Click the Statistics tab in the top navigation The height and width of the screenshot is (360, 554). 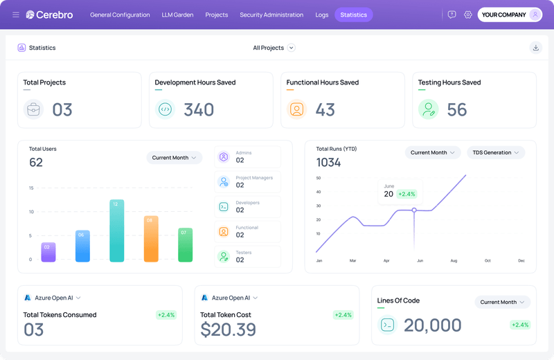[353, 15]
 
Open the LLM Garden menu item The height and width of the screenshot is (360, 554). [177, 15]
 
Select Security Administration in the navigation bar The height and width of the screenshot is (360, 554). [271, 15]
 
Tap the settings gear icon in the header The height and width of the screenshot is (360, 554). [468, 15]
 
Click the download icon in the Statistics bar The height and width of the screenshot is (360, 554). [535, 48]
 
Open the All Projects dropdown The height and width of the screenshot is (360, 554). [274, 48]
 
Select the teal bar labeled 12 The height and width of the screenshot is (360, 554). [116, 232]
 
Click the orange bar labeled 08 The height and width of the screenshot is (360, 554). [150, 240]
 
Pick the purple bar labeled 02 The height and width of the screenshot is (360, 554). [48, 253]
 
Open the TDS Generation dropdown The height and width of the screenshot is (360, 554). [496, 152]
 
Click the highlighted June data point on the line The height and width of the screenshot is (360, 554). [414, 210]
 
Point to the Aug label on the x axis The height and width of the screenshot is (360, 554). [454, 261]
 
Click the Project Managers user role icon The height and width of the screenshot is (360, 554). [224, 181]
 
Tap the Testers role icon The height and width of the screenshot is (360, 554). [224, 256]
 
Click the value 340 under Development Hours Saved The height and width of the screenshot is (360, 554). [199, 110]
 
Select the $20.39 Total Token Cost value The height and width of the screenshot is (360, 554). [228, 330]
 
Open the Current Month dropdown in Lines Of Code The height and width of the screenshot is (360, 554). [502, 302]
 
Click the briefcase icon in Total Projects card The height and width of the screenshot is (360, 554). [33, 109]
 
